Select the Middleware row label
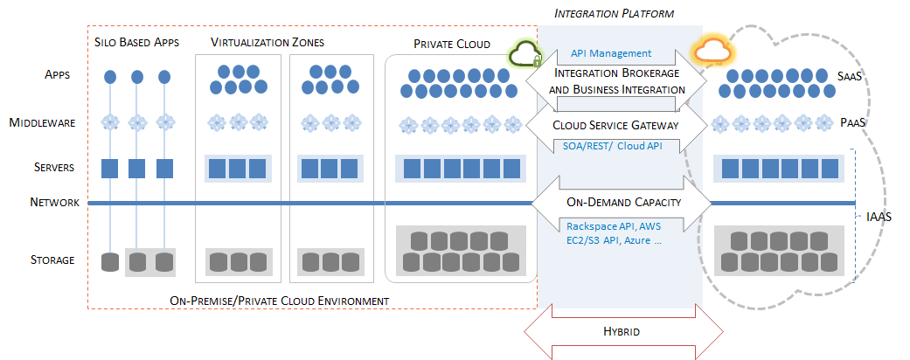50,123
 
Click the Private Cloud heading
452,44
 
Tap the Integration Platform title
620,13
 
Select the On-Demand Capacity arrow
619,203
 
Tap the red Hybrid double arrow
622,332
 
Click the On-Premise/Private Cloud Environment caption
280,301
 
